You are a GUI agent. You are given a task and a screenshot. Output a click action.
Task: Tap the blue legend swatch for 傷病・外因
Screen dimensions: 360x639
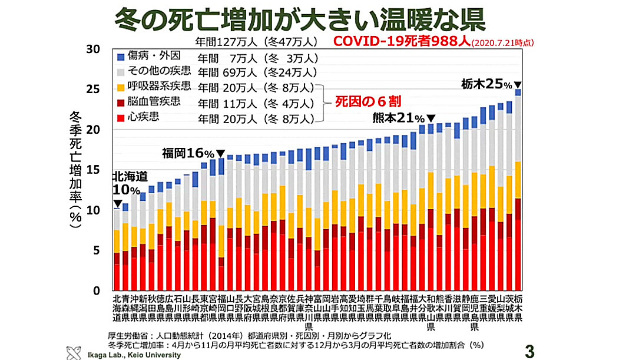pos(121,58)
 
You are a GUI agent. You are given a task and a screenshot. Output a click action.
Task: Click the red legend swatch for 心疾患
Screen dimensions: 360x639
pos(121,118)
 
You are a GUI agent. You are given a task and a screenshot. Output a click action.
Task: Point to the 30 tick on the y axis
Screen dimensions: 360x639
pos(94,49)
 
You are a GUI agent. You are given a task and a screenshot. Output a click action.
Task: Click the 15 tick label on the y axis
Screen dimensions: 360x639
pos(94,170)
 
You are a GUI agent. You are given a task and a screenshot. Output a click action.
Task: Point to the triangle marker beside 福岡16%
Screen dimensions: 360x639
pos(220,154)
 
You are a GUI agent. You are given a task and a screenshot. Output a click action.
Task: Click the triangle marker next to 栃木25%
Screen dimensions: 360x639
pos(518,84)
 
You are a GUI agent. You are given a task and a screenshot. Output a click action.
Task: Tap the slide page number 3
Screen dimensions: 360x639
pos(529,351)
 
